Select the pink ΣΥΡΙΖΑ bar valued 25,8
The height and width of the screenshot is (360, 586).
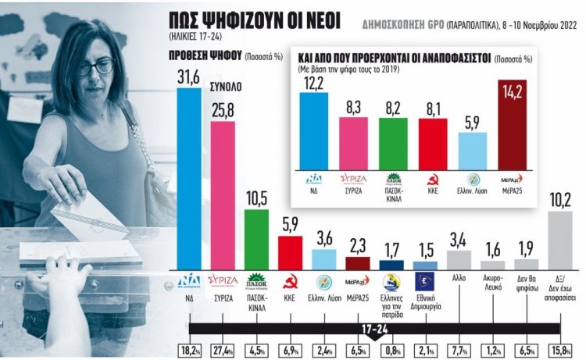[x=223, y=191]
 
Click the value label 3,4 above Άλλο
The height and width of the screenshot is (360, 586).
[x=459, y=237]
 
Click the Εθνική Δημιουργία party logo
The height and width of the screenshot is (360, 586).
[x=425, y=282]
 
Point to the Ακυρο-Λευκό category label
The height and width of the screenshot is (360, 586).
[x=493, y=302]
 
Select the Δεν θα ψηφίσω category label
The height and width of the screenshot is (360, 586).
[x=527, y=302]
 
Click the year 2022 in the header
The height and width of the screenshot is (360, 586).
[x=566, y=23]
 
